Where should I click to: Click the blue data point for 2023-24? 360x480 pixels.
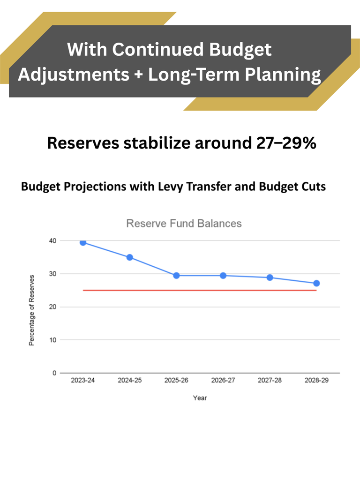pyautogui.click(x=83, y=242)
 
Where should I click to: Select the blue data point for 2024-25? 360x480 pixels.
pyautogui.click(x=130, y=257)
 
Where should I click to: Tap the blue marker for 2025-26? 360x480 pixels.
pyautogui.click(x=176, y=276)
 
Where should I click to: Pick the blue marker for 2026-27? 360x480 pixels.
pyautogui.click(x=223, y=276)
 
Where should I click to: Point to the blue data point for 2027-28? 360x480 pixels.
pyautogui.click(x=270, y=277)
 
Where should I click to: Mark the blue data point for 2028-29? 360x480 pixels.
pyautogui.click(x=316, y=283)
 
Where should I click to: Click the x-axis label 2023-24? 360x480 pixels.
pyautogui.click(x=83, y=381)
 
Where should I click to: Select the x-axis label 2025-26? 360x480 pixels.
pyautogui.click(x=176, y=381)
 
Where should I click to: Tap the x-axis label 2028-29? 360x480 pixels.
pyautogui.click(x=316, y=381)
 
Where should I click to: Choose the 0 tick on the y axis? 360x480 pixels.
pyautogui.click(x=53, y=373)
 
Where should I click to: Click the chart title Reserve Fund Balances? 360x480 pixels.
pyautogui.click(x=184, y=224)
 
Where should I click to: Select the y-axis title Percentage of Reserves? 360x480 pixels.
pyautogui.click(x=31, y=310)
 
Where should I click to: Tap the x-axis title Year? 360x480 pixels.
pyautogui.click(x=200, y=398)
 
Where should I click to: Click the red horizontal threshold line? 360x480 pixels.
pyautogui.click(x=200, y=290)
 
